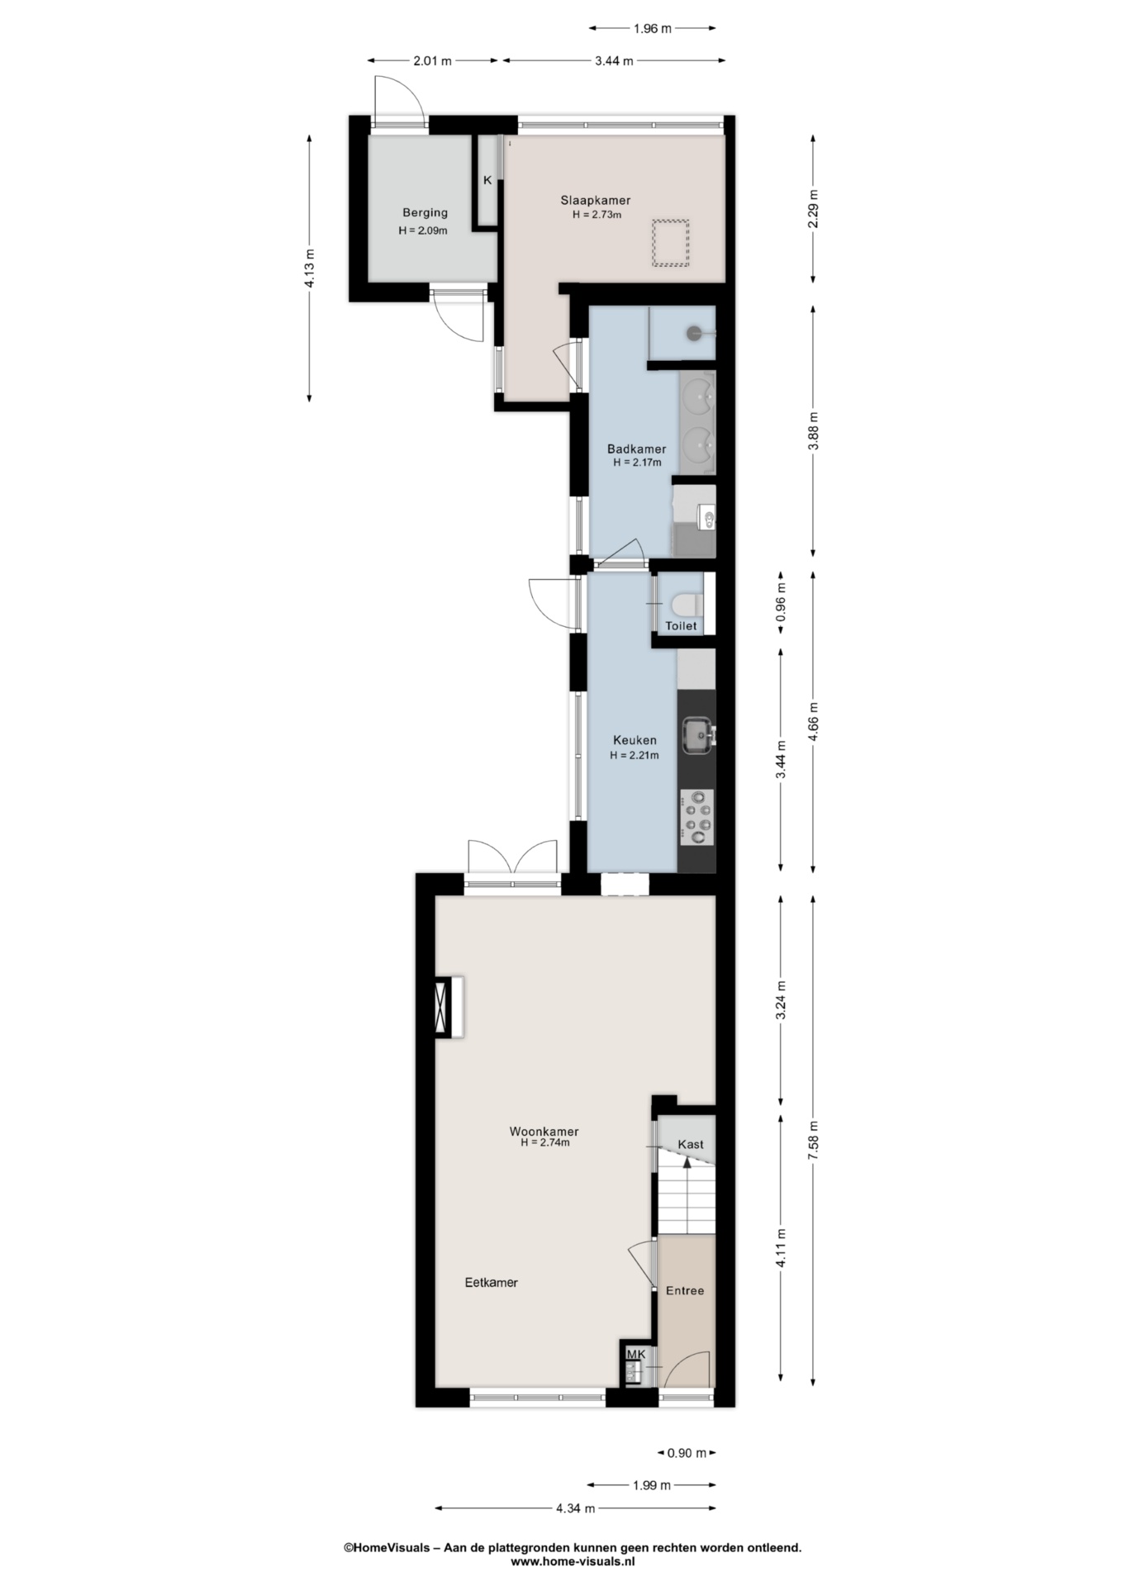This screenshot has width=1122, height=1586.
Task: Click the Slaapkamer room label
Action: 595,200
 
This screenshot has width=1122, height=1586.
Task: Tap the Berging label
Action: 425,212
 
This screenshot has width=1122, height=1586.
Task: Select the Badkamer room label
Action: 636,449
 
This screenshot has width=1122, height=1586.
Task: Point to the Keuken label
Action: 635,740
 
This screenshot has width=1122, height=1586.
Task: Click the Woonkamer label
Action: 544,1132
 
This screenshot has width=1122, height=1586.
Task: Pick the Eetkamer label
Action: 491,1283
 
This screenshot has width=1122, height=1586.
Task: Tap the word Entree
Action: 685,1290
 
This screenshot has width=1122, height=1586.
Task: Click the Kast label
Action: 691,1144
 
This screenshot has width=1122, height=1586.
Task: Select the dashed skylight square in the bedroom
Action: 670,243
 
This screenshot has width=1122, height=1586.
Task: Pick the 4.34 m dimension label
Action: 575,1508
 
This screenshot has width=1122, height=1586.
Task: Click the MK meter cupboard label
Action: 635,1354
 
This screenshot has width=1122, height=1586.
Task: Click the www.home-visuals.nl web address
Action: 573,1561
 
